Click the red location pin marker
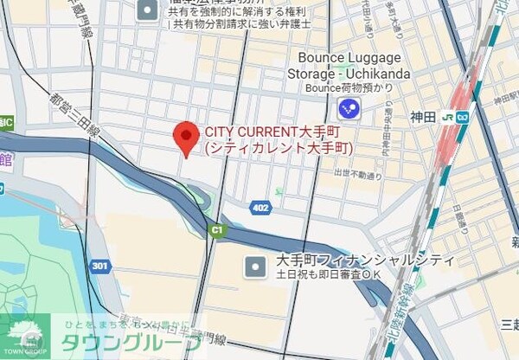183,138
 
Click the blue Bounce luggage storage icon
349,108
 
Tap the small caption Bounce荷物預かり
347,87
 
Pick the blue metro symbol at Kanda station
465,117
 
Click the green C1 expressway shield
216,230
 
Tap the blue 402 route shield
260,209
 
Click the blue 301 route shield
101,266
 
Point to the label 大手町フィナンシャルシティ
364,260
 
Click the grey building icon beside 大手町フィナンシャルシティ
255,267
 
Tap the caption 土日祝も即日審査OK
330,275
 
